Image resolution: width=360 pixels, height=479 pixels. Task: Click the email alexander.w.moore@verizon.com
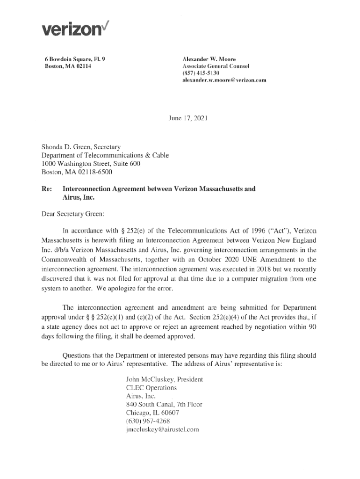[x=224, y=80]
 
